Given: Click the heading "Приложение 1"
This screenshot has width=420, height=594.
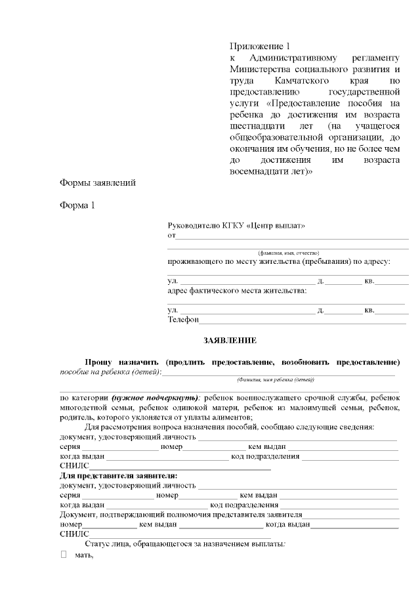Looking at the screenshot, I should tap(259, 47).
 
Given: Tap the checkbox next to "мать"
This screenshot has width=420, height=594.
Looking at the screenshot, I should tap(64, 555).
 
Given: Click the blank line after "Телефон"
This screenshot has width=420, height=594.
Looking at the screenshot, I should tap(302, 321).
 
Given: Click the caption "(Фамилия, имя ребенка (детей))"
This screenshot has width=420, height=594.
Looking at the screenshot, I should tap(276, 379).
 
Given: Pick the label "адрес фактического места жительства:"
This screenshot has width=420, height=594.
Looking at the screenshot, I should tap(237, 291).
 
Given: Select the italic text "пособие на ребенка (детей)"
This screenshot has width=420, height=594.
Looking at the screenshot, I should tap(110, 372).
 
